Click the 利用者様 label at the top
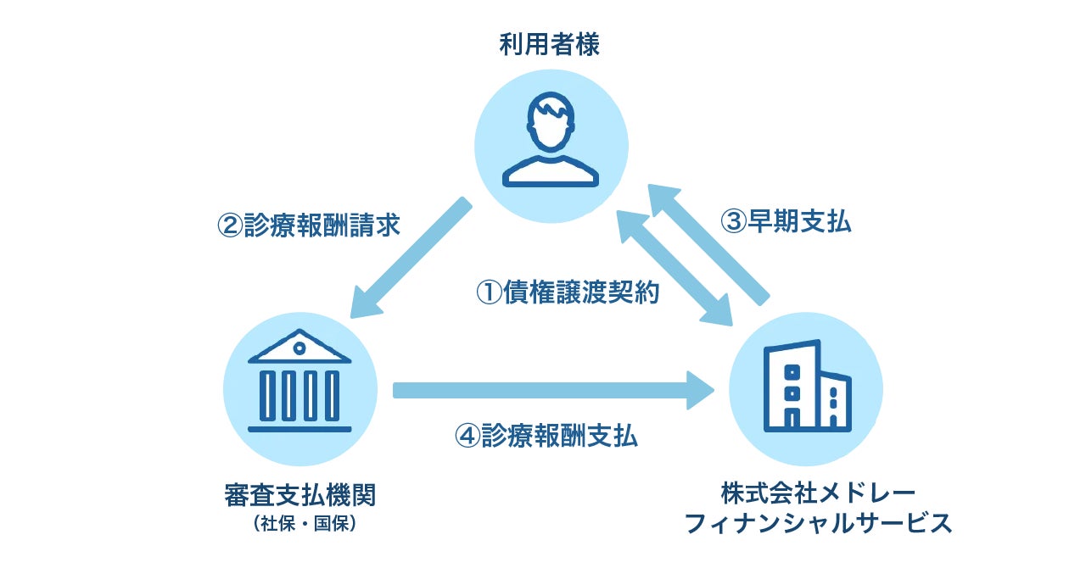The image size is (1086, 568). click(549, 45)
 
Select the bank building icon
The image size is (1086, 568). click(299, 381)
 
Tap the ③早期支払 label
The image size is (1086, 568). click(786, 221)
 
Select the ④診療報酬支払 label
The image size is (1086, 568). click(546, 436)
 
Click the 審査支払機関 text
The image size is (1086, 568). click(300, 494)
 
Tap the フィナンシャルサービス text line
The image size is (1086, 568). click(818, 523)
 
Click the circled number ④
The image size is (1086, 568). click(467, 436)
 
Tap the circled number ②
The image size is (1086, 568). click(230, 226)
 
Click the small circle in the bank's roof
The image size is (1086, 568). click(299, 347)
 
